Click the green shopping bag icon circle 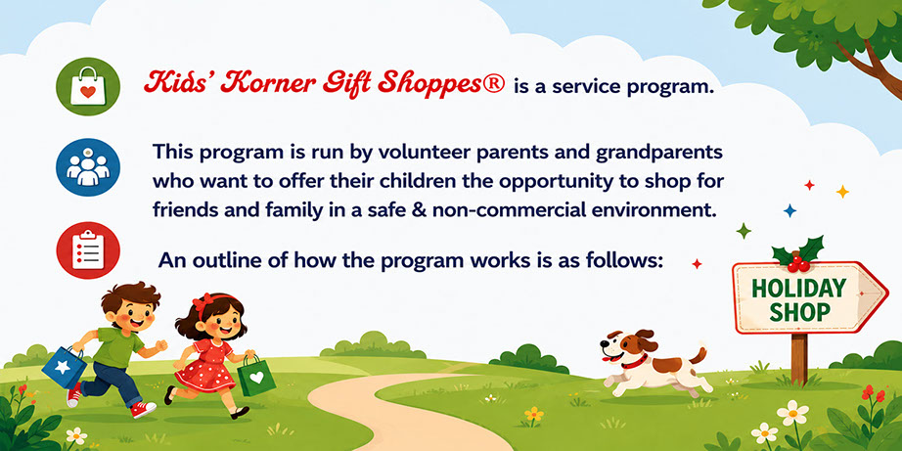[88, 87]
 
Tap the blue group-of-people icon [88, 167]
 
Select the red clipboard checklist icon [88, 250]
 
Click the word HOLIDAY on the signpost [799, 289]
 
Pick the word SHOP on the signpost [799, 313]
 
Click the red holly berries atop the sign [798, 262]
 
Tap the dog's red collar [633, 362]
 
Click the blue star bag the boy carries [64, 366]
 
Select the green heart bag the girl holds [256, 377]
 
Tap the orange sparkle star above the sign [842, 192]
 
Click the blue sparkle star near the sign [789, 211]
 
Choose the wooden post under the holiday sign [798, 358]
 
